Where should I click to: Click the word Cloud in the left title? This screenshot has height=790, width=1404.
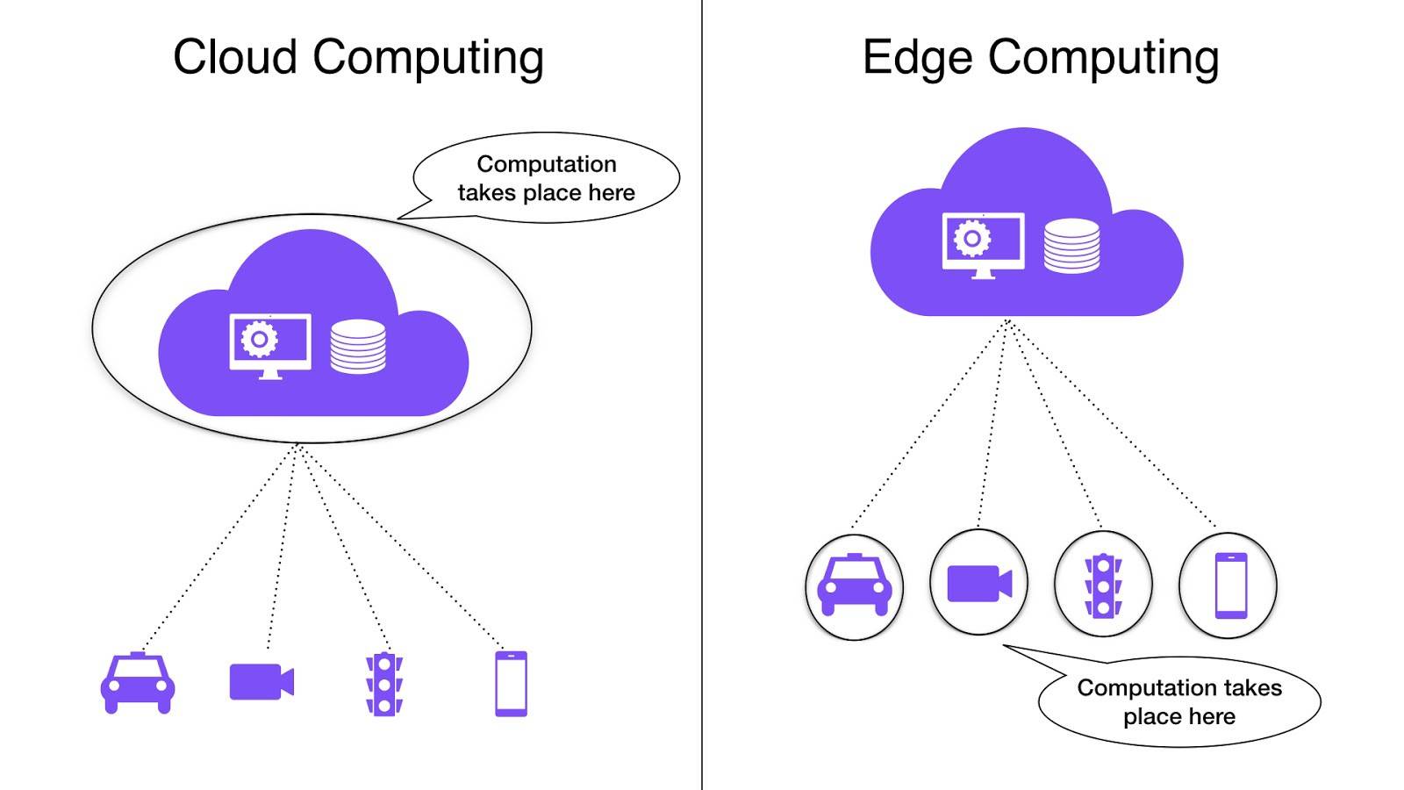point(235,58)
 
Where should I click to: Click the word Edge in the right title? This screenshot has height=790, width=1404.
point(917,58)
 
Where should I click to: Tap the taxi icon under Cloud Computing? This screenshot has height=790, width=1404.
point(138,683)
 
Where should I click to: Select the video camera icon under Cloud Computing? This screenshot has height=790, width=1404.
point(261,682)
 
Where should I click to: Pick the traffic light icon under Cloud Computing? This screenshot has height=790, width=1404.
point(384,684)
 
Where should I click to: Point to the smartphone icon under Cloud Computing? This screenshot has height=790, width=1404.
point(512,684)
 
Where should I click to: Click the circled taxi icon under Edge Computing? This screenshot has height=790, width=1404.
point(854,585)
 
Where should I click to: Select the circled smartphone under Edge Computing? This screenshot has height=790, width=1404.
point(1230,585)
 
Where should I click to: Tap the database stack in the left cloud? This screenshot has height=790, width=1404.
point(358,348)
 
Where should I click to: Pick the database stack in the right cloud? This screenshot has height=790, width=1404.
point(1071,246)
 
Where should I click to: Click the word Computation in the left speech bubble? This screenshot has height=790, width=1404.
point(547,164)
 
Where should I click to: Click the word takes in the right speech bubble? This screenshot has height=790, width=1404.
point(1251,687)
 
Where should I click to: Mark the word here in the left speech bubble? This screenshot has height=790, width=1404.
point(612,193)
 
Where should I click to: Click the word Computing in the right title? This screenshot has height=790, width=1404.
point(1103,58)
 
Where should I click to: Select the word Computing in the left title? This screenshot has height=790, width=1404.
point(428,58)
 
